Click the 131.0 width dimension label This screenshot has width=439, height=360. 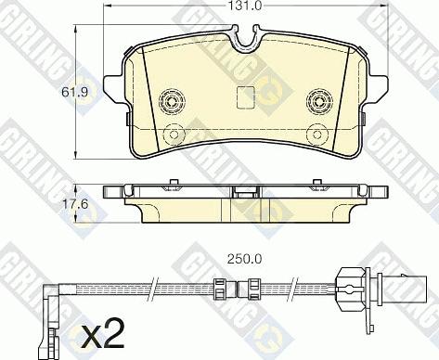point(244,6)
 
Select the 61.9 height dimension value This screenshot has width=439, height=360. point(61,92)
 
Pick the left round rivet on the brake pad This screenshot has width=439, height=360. point(171,99)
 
